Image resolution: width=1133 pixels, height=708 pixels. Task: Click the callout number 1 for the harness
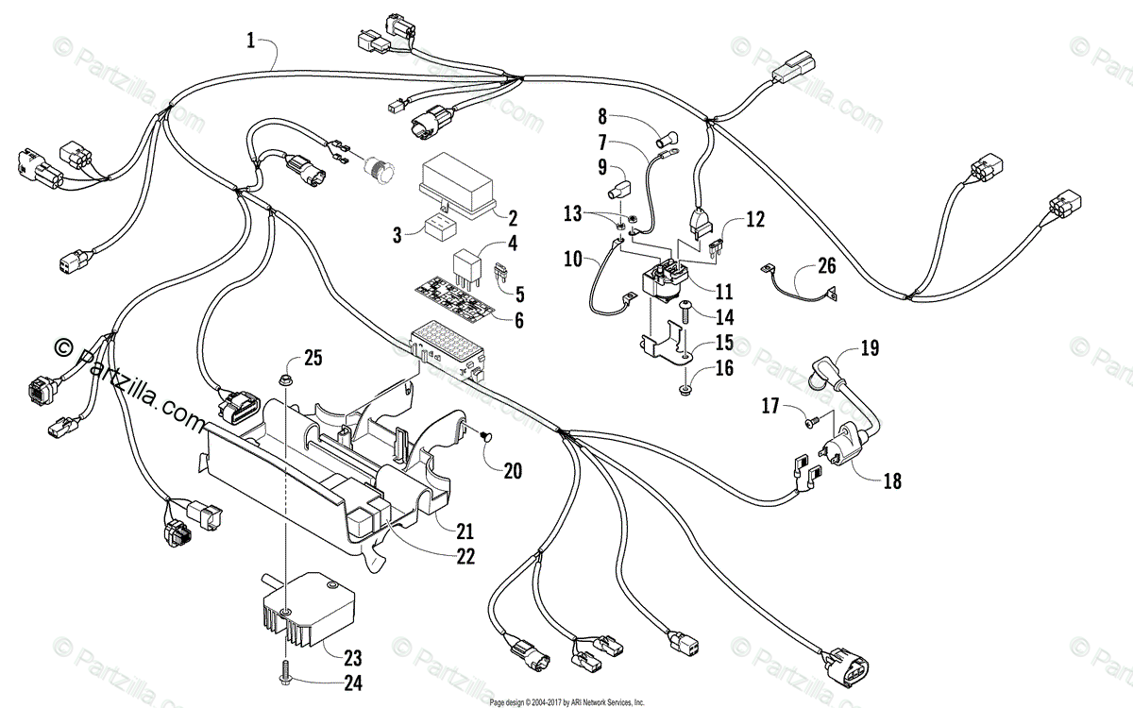pos(250,40)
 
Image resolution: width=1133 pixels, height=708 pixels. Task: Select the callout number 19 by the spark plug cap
pos(869,348)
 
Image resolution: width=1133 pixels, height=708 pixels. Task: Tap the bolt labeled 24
pos(283,677)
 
